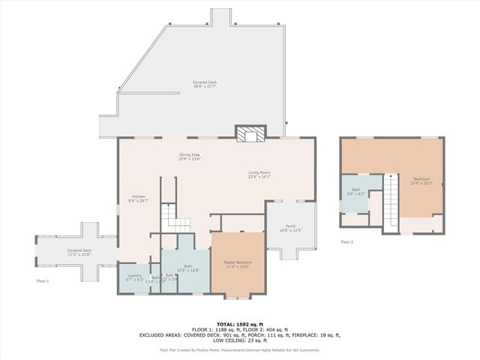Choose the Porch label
[x=290, y=228]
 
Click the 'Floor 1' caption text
[x=43, y=280]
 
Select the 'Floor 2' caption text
[x=346, y=242]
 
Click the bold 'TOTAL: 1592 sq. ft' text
[x=240, y=324]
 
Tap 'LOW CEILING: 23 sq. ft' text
[x=240, y=341]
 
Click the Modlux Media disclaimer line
[x=240, y=349]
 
